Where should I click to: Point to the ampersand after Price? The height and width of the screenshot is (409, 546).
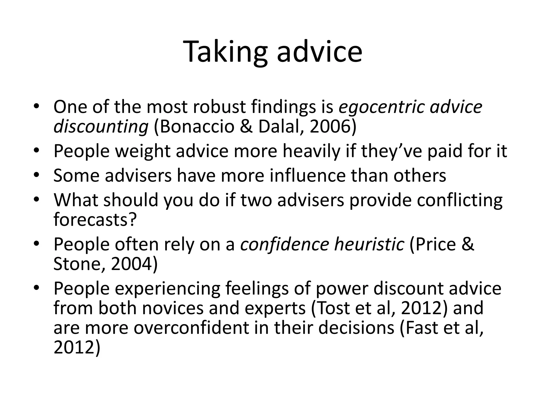[x=467, y=244]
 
